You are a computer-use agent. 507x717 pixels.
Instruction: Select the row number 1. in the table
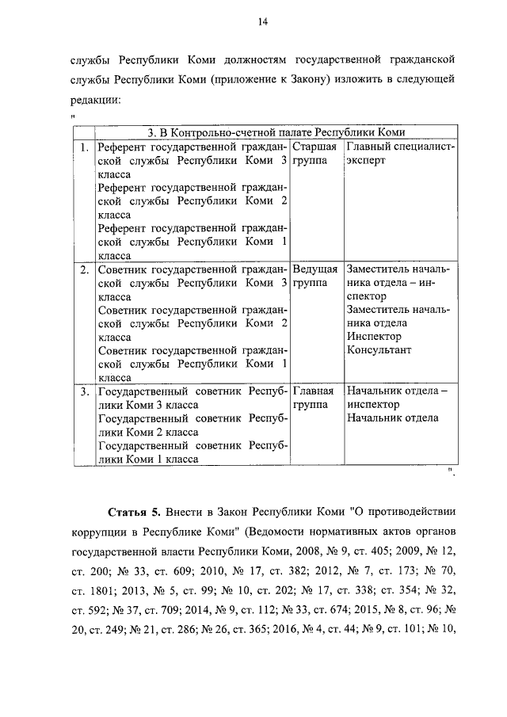point(84,147)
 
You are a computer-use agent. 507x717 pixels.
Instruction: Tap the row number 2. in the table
point(84,270)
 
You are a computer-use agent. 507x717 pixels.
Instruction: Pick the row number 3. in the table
point(84,391)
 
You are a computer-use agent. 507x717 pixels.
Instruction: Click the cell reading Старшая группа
point(315,154)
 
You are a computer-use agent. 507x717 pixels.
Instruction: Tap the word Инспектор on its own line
point(374,337)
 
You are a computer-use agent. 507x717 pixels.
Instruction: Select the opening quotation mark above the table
point(73,118)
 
